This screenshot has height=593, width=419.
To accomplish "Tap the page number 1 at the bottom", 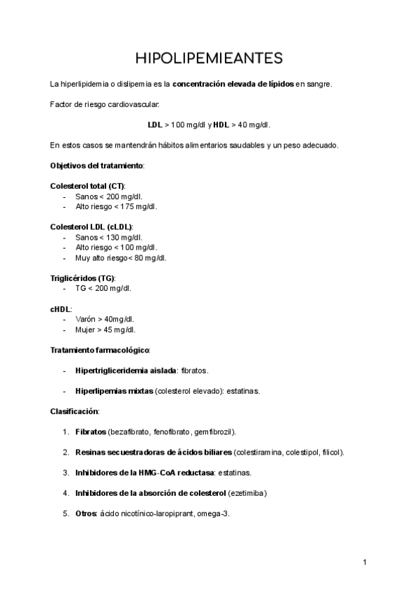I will click(365, 562).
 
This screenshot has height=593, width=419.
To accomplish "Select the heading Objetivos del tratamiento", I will click(97, 166).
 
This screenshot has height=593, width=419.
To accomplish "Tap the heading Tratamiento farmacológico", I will click(100, 349).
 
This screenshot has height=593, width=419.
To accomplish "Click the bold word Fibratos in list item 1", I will click(91, 431).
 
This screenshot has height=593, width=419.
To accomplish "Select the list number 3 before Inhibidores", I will click(66, 473).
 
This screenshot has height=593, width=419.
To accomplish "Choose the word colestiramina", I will click(258, 452).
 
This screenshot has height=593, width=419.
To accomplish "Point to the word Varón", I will click(86, 319).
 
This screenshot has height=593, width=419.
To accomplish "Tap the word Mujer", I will click(85, 329).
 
